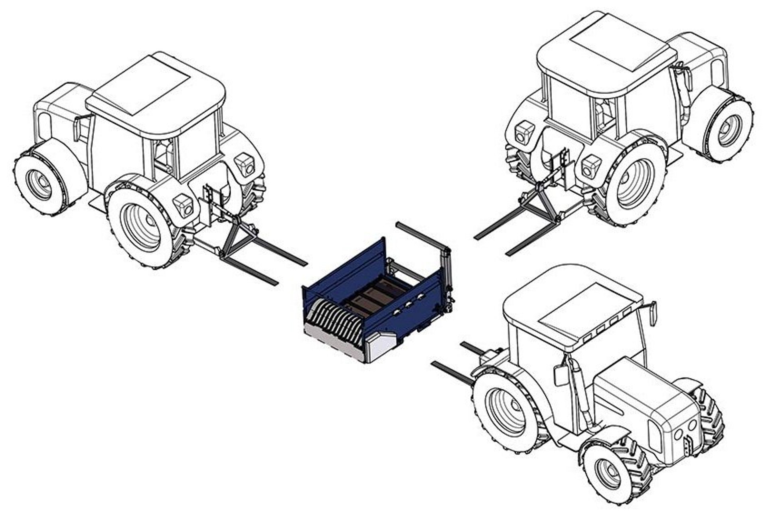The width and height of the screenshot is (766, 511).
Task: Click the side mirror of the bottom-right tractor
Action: click(561, 375)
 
